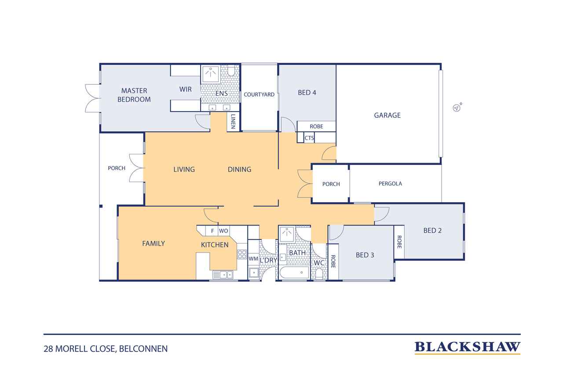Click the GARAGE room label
click(387, 115)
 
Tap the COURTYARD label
click(259, 95)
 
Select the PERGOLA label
click(390, 184)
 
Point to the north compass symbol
click(457, 107)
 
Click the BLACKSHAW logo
click(467, 348)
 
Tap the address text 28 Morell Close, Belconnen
click(106, 349)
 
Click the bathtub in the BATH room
click(294, 273)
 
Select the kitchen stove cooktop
click(242, 255)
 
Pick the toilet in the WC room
click(319, 274)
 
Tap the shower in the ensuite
click(211, 74)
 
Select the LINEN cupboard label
click(233, 121)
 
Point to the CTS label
click(309, 138)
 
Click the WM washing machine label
click(253, 258)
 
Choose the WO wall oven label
click(223, 231)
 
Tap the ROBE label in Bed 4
click(316, 126)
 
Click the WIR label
click(186, 89)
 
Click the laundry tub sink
click(254, 273)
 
